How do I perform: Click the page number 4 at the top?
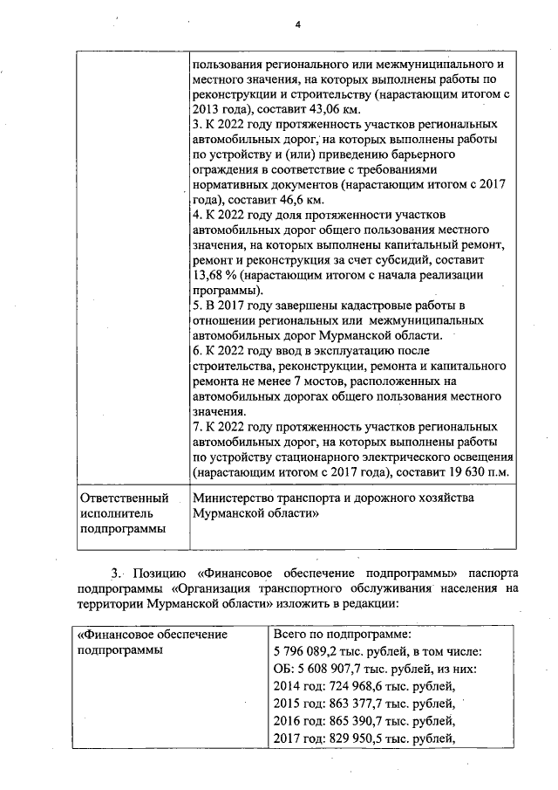[297, 25]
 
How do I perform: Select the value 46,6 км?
[270, 200]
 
